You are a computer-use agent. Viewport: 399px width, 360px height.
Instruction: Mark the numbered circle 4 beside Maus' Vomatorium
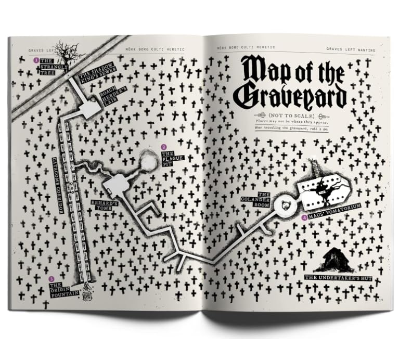304,217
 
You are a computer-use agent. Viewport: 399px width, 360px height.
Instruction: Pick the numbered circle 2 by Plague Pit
163,147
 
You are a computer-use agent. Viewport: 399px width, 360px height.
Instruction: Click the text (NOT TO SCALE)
291,115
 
